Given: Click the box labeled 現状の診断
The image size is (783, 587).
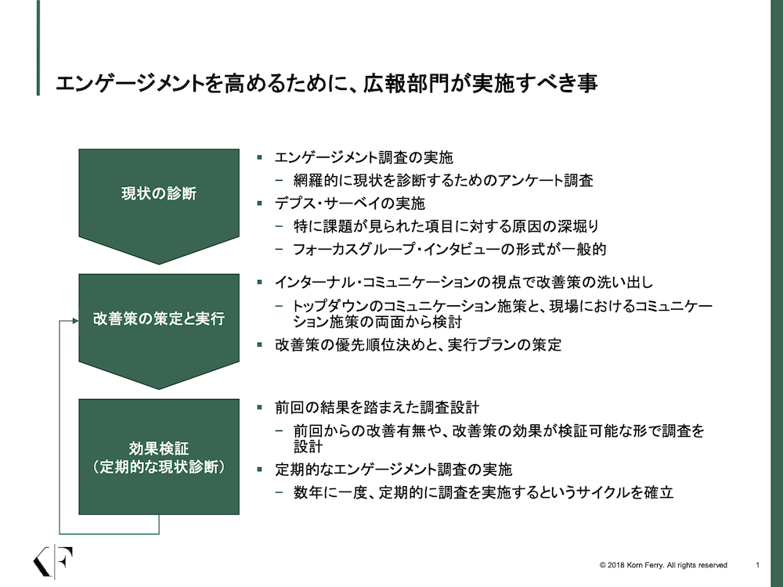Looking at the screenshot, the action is click(159, 200).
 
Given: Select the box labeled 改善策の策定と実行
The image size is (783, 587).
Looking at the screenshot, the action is click(159, 325).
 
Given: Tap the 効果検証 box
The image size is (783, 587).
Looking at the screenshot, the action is click(159, 457).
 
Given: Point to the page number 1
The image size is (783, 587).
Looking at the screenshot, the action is click(757, 565).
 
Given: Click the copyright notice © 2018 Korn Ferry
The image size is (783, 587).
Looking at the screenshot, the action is click(663, 565).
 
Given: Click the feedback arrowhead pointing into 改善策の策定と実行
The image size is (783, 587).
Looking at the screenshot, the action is click(75, 320).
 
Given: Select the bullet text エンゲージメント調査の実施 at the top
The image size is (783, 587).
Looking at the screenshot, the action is click(363, 158).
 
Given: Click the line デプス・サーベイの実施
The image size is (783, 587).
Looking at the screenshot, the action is click(349, 203).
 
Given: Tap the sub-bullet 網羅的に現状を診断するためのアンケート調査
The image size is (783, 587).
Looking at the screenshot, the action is click(443, 180).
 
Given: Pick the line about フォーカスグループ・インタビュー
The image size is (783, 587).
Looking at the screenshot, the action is click(449, 249).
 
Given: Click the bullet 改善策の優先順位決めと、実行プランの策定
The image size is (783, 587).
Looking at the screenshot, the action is click(418, 345).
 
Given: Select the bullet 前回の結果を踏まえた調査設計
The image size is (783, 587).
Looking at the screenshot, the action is click(377, 407).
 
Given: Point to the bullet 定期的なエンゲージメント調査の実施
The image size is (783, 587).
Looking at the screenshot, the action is click(394, 470).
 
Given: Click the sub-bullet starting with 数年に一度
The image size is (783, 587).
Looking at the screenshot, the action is click(483, 492).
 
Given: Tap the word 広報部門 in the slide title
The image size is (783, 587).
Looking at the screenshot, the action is click(406, 84).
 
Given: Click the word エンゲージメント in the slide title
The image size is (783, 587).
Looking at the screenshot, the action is click(130, 84).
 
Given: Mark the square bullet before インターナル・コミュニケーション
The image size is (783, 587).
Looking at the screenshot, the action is click(260, 282).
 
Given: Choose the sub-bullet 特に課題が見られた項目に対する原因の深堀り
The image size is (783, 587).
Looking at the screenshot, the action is click(446, 226).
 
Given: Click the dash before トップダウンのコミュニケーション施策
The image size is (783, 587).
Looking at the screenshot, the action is click(280, 305).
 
